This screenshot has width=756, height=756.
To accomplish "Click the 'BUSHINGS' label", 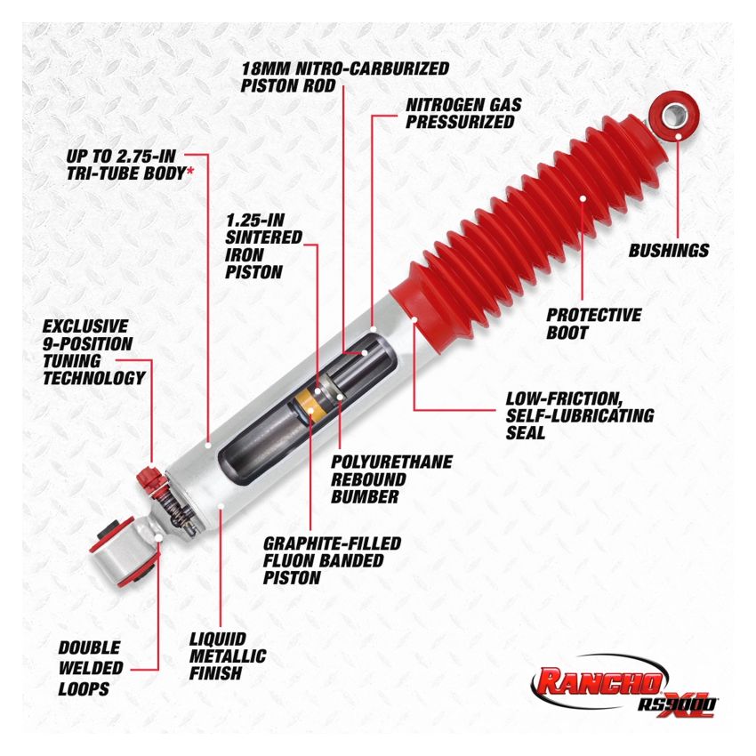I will (669, 251).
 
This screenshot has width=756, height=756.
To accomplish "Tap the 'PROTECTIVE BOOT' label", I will (593, 324).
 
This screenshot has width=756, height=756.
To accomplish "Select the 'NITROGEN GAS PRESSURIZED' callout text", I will (463, 113).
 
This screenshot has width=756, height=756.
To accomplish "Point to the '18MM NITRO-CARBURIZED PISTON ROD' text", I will (345, 76).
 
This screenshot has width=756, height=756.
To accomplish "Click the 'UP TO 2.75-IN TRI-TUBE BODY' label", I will (130, 165).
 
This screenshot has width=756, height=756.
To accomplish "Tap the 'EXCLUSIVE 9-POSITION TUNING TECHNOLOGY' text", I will (93, 352).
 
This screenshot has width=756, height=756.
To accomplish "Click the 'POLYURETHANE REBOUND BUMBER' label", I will (391, 479).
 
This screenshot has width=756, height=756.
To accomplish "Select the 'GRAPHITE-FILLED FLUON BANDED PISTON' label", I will (332, 559).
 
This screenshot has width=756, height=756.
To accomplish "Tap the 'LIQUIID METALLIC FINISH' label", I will (228, 656).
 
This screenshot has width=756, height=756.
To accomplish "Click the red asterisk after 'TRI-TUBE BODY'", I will (189, 173).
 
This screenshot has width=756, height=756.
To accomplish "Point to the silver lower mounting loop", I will (122, 549).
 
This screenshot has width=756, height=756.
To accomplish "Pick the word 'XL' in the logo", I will (686, 694).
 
